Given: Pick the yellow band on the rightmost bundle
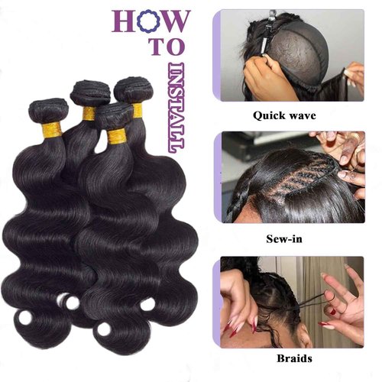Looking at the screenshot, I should (137, 111).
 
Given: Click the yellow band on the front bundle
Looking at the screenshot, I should (116, 138).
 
